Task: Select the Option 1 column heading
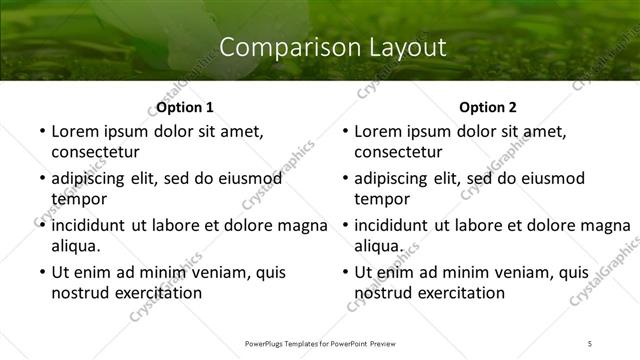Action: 185,107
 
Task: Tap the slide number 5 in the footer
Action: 590,343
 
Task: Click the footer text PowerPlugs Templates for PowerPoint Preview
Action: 320,343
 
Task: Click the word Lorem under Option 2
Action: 379,131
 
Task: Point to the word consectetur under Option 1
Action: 95,152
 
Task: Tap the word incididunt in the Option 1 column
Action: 90,225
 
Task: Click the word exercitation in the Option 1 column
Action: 156,292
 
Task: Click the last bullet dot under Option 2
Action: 342,273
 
